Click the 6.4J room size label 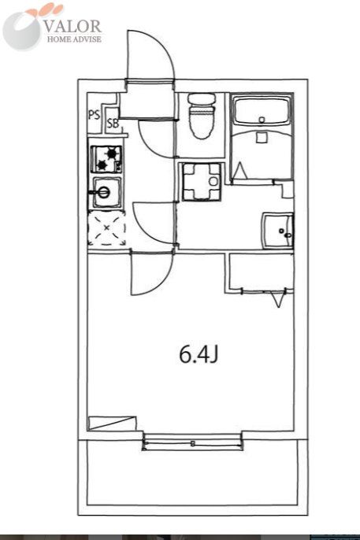coord(198,355)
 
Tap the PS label coord(94,115)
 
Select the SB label coord(112,123)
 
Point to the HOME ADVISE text coord(72,39)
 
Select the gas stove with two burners coord(105,160)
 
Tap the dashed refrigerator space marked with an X coord(106,229)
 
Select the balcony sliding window coord(192,444)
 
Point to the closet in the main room coord(260,272)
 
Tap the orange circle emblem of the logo coord(24,28)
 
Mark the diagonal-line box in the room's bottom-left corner coord(108,423)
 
